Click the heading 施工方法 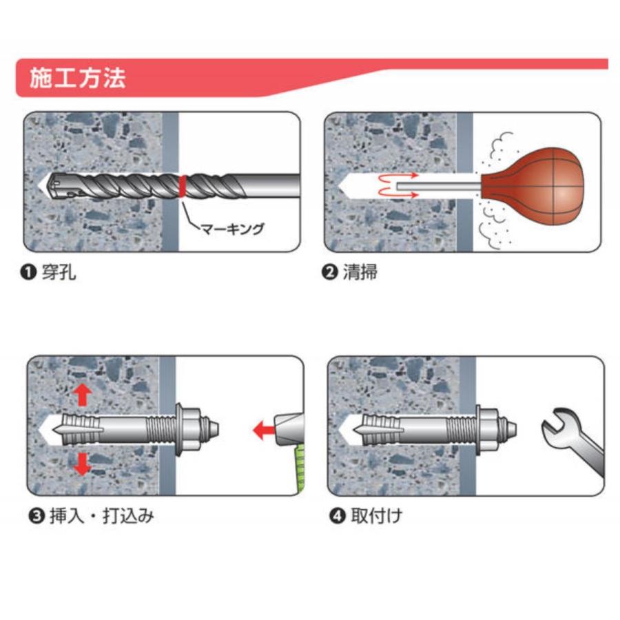coord(77,78)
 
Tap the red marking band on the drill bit coord(183,186)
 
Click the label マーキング coord(232,229)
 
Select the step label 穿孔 coord(59,272)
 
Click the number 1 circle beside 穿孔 coord(28,272)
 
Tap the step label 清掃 coord(360,272)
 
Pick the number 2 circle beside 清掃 coord(329,272)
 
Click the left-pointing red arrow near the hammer coord(264,430)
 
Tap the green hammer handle coord(300,469)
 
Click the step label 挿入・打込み coord(102,516)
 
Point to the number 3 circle coord(37,517)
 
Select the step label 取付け coord(376,516)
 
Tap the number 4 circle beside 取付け coord(338,517)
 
